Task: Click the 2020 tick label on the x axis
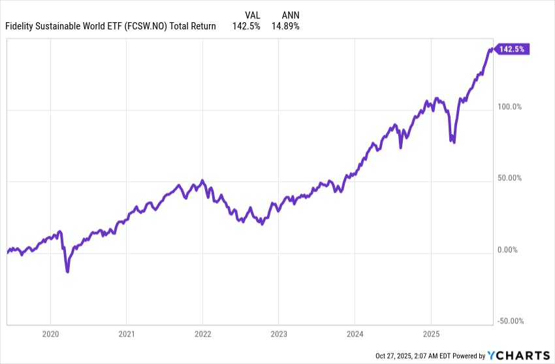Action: pos(50,334)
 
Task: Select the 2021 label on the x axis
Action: pos(127,334)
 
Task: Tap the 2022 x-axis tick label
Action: pos(202,334)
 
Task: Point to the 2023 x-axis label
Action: pos(279,334)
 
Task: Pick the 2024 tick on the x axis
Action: pos(355,334)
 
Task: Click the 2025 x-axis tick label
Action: pos(431,334)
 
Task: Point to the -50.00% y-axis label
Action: pos(511,321)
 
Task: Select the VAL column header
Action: pos(252,14)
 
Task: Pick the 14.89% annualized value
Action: pos(286,26)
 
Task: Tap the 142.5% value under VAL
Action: pos(246,26)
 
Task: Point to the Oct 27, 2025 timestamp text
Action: pos(398,356)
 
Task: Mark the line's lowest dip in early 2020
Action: pos(68,271)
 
